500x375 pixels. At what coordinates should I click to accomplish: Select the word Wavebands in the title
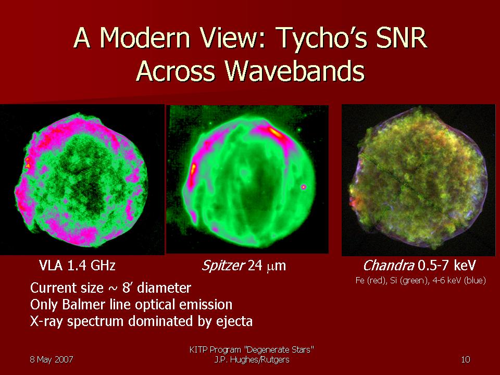tap(295, 70)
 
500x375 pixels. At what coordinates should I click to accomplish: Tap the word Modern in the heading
tap(145, 37)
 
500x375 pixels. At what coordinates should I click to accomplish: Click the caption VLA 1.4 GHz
tap(77, 265)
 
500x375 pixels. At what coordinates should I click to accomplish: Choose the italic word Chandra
tap(388, 265)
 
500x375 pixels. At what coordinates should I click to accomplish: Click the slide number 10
tap(465, 359)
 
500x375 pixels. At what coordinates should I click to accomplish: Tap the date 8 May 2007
tap(52, 359)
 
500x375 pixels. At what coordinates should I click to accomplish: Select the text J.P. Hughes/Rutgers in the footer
tap(252, 360)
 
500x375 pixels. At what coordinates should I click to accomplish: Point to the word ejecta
tap(234, 321)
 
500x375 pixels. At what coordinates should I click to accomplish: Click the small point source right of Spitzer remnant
tap(304, 187)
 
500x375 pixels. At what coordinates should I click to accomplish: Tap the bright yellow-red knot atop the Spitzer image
tap(276, 133)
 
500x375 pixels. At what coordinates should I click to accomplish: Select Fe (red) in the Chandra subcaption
tap(370, 281)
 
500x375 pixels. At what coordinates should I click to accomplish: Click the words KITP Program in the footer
tap(215, 350)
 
